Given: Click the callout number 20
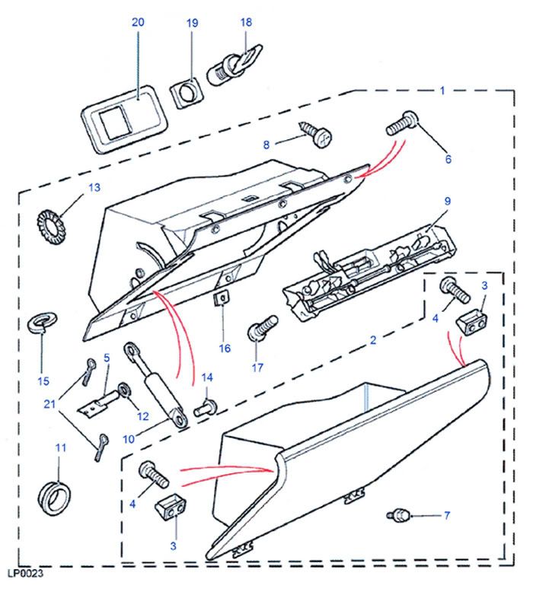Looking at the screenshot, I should (x=138, y=23).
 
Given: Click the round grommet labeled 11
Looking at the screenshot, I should (x=54, y=494).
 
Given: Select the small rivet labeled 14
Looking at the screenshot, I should (x=203, y=409).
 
